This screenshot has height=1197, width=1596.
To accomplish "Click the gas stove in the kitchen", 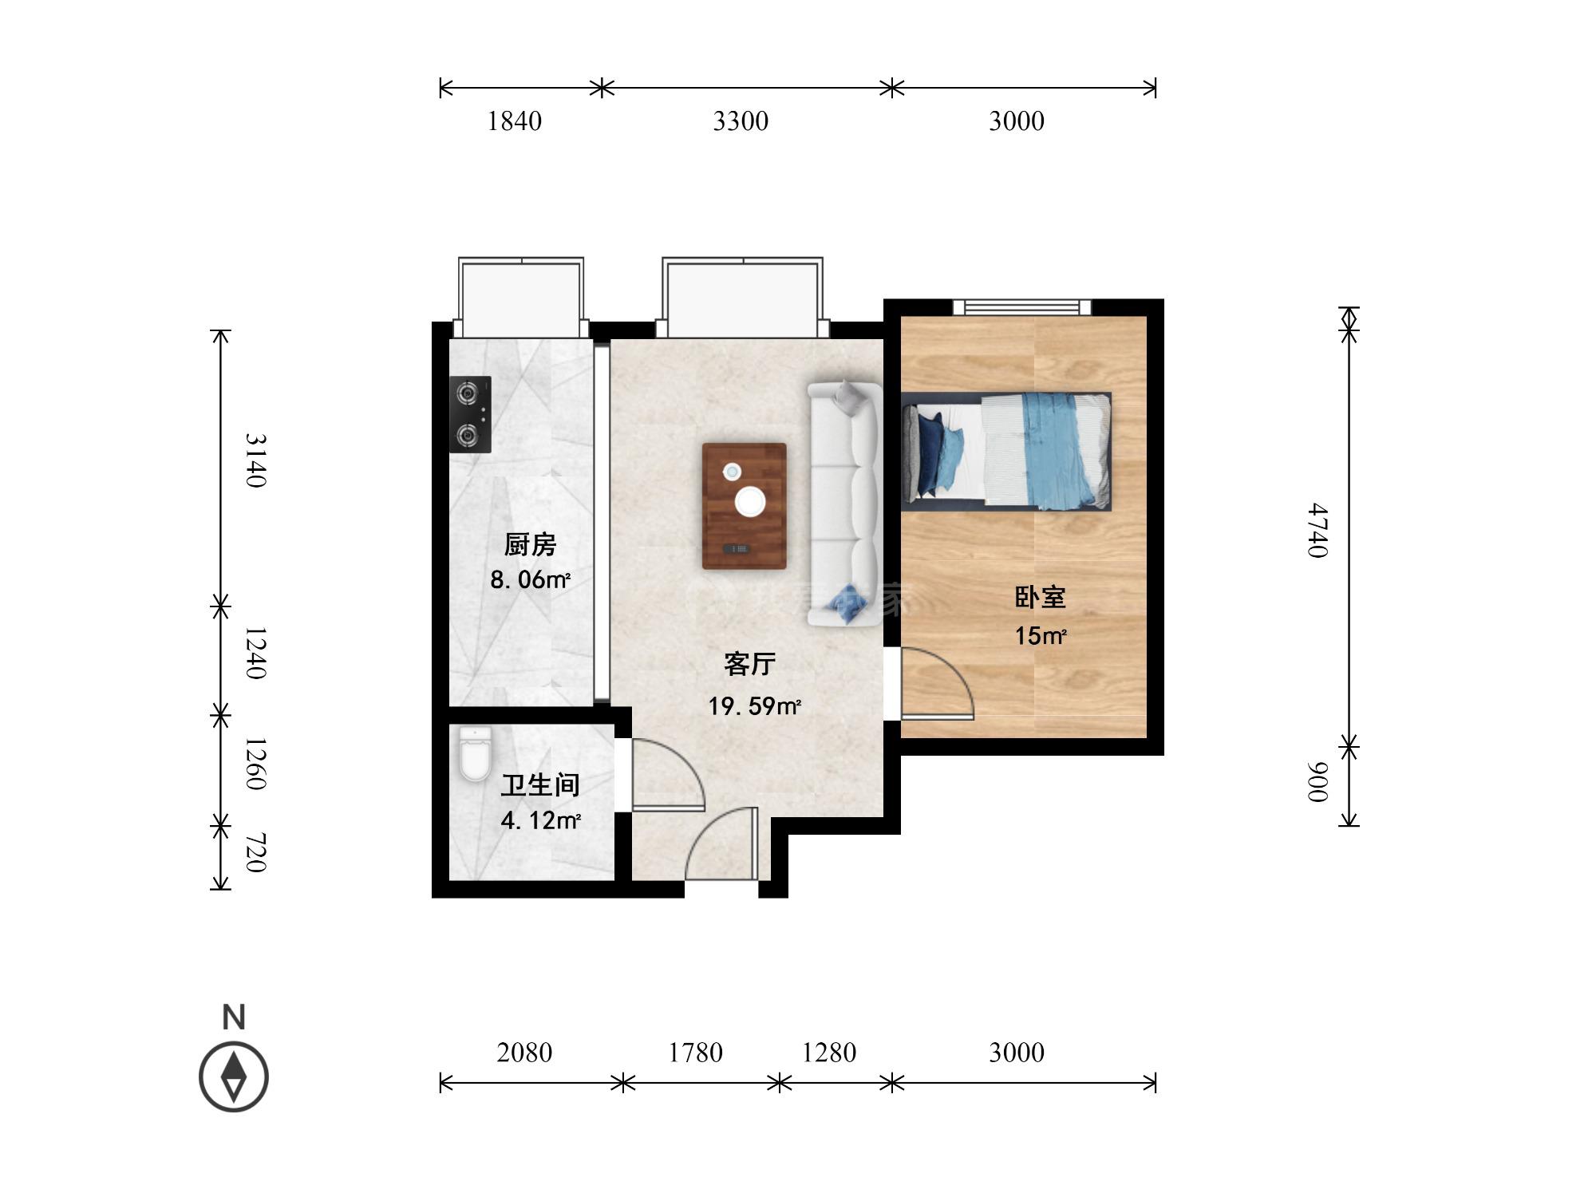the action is point(470,414).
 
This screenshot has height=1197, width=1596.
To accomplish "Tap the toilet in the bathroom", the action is point(475,753).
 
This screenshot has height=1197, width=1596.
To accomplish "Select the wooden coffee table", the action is point(744,506).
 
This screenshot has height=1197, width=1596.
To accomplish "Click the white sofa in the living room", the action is point(845,504).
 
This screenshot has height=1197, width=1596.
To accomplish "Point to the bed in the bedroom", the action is point(1006,451).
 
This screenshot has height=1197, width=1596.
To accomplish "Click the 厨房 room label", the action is point(530,544).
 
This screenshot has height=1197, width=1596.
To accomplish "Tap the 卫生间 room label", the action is point(540,785).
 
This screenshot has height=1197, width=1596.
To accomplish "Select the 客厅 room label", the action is point(749,663).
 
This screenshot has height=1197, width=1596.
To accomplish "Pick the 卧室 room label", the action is point(1040,597).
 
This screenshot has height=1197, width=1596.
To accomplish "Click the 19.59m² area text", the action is point(754,706).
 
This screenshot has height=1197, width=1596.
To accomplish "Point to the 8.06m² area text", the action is point(530,579).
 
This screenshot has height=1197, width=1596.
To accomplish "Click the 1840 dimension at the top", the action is point(514,121).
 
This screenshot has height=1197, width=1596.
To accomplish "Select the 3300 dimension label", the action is point(741,121).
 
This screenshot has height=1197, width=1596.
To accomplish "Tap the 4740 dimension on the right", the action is point(1318,531).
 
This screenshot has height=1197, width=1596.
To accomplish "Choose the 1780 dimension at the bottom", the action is point(695,1053).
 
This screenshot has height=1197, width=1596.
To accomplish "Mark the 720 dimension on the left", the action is point(255,853).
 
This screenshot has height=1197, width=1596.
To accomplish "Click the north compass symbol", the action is point(234,1077).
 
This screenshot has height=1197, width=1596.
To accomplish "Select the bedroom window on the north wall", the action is point(1022,307).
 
